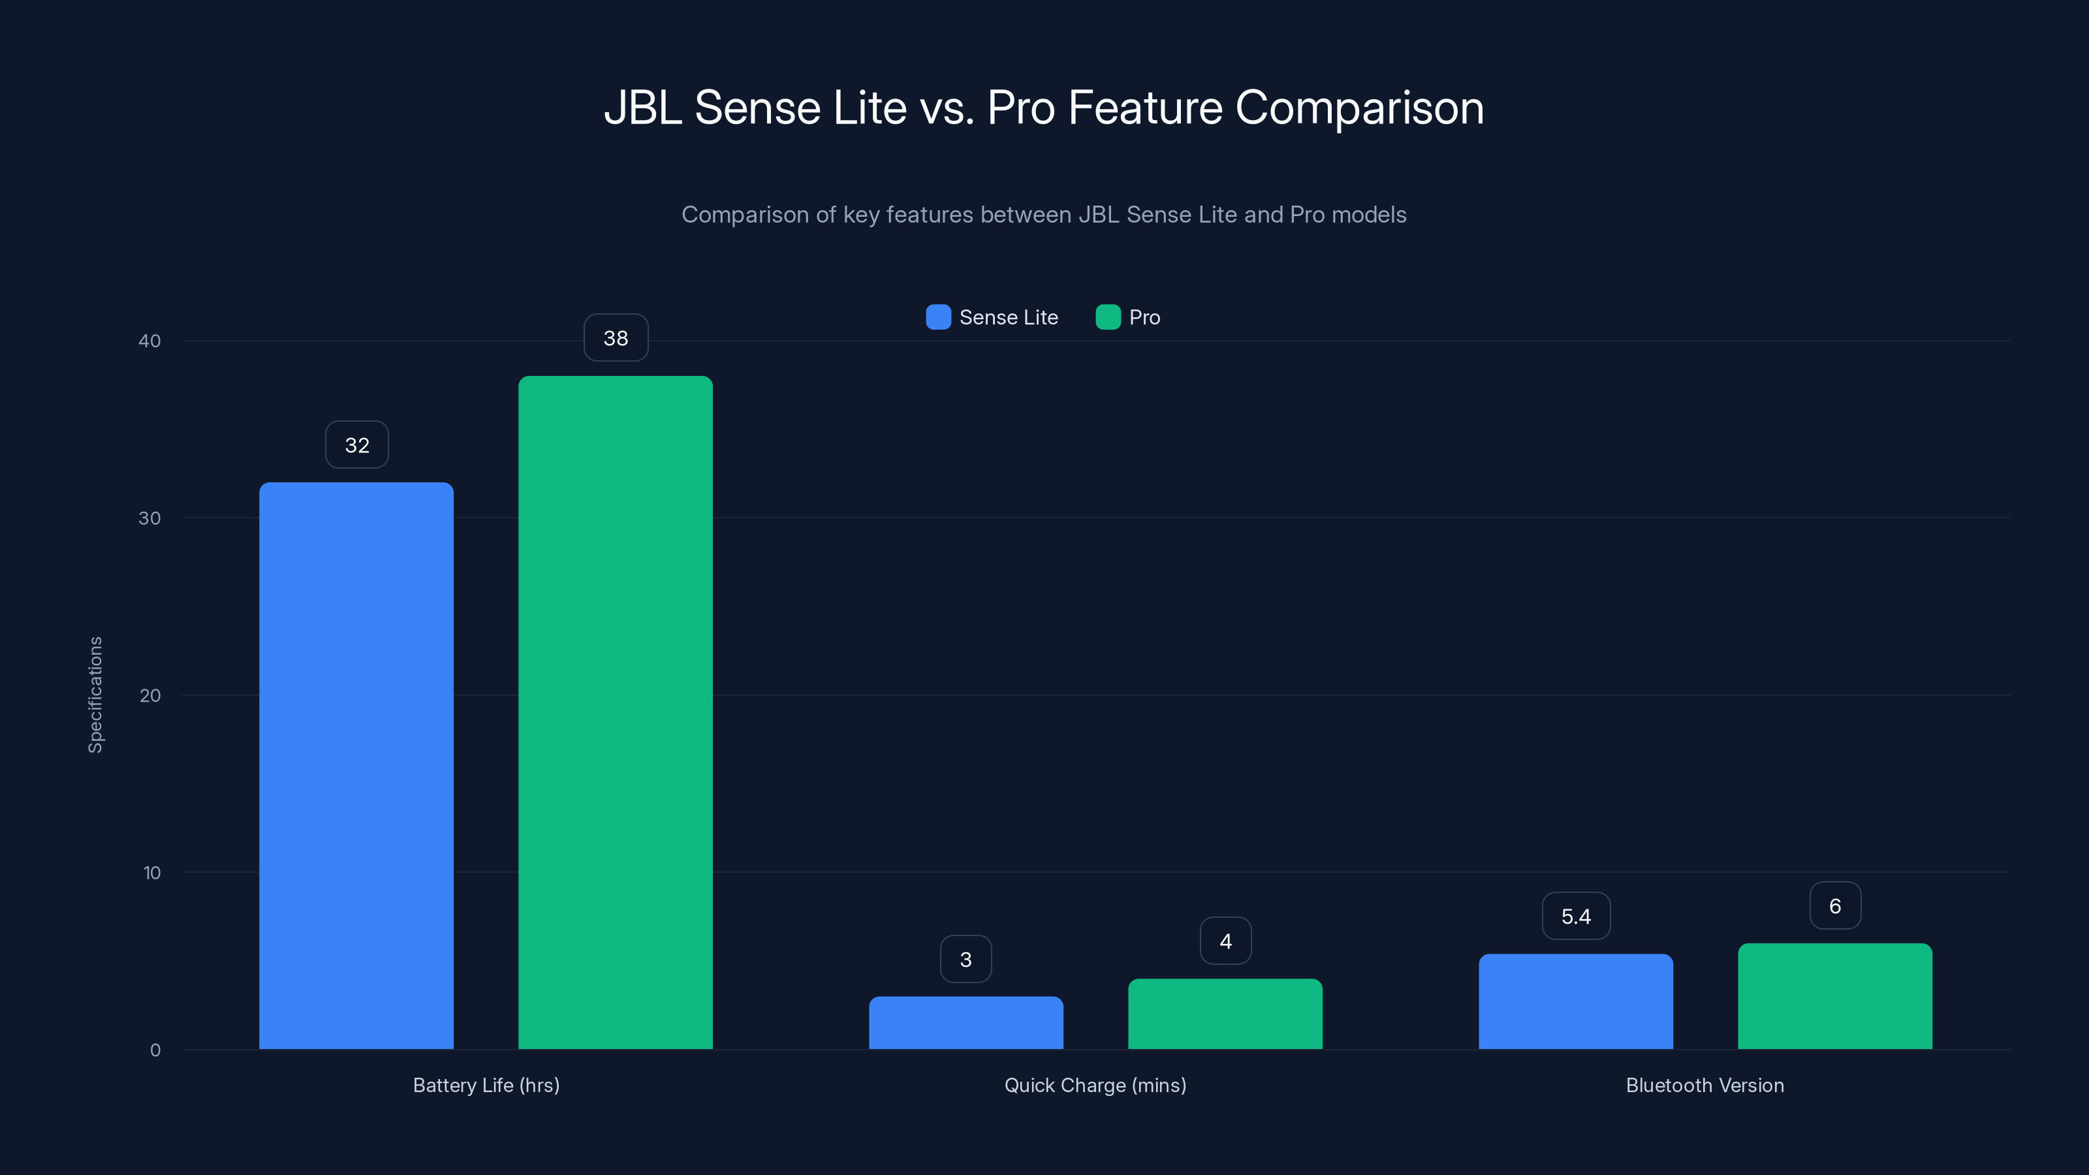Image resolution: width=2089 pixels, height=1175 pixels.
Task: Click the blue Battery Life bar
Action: pyautogui.click(x=356, y=766)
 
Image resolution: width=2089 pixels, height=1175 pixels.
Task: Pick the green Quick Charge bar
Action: pyautogui.click(x=1225, y=1014)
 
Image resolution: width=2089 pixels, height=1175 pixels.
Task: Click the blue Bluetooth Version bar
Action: pyautogui.click(x=1576, y=1001)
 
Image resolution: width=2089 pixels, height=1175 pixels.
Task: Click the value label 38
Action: pyautogui.click(x=616, y=338)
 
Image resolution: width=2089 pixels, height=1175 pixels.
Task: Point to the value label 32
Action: pyautogui.click(x=357, y=445)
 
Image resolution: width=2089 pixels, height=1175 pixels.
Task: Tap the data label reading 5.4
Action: pyautogui.click(x=1576, y=916)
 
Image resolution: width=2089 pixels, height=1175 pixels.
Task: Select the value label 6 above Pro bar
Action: pyautogui.click(x=1834, y=906)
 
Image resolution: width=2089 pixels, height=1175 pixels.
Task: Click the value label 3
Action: pyautogui.click(x=966, y=960)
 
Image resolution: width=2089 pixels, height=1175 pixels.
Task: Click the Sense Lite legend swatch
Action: pyautogui.click(x=938, y=317)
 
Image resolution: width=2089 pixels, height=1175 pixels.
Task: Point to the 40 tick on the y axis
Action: pyautogui.click(x=149, y=341)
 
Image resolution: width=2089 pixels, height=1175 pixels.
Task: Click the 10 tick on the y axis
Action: pyautogui.click(x=151, y=873)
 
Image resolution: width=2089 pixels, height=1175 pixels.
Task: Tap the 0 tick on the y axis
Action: pyautogui.click(x=155, y=1050)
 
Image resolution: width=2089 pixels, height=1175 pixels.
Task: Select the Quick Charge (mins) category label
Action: pyautogui.click(x=1095, y=1085)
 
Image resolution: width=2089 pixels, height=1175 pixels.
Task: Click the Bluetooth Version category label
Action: pyautogui.click(x=1704, y=1085)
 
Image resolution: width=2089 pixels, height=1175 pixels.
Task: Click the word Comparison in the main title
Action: pyautogui.click(x=1359, y=108)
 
